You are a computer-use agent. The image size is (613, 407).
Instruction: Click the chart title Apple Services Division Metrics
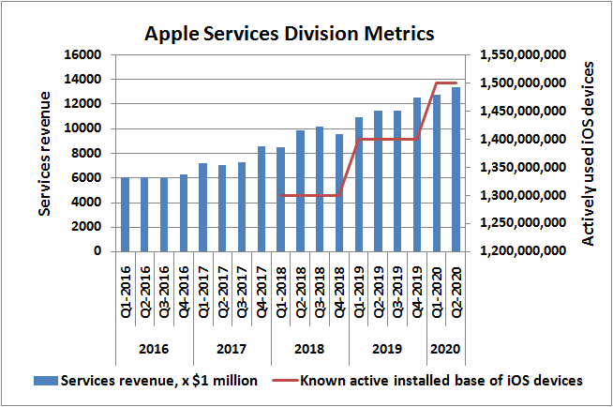click(289, 35)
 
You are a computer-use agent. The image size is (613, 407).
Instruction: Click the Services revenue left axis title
click(44, 153)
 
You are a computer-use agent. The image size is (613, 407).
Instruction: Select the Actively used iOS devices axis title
click(589, 153)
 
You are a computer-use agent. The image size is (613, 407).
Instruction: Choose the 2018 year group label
click(309, 349)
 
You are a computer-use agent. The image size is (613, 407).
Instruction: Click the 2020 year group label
click(446, 349)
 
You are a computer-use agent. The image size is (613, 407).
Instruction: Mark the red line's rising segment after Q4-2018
click(349, 167)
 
